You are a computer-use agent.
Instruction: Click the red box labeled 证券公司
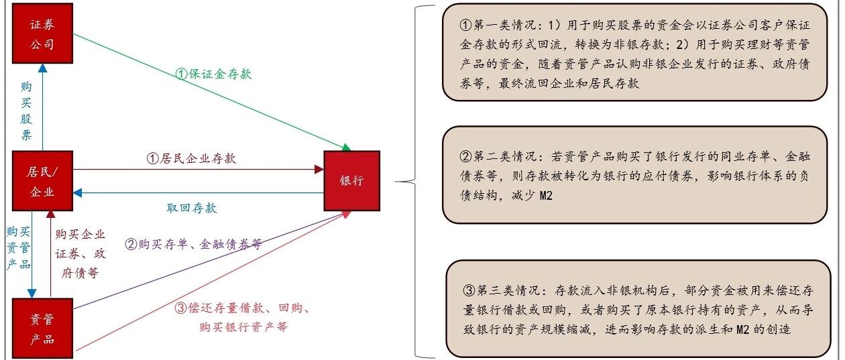point(43,33)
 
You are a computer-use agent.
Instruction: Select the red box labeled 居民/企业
point(43,181)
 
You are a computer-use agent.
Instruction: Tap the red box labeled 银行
point(352,181)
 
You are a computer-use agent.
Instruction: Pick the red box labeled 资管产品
point(43,328)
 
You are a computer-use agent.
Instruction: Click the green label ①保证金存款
point(213,74)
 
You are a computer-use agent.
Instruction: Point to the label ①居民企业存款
point(191,158)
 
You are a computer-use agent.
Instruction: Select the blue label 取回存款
point(192,208)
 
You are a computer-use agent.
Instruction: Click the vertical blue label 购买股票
point(26,111)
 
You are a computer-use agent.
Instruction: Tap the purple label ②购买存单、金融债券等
point(194,244)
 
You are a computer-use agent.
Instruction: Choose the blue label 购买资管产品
point(19,247)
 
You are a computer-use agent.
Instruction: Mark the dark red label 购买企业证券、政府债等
point(80,253)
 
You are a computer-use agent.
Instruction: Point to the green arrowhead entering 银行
point(346,147)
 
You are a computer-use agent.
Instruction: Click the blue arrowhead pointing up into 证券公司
point(43,68)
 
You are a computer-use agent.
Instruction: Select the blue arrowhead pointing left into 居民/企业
point(77,193)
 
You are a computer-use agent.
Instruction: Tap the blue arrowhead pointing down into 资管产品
point(32,294)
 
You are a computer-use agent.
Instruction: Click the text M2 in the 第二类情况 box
point(546,195)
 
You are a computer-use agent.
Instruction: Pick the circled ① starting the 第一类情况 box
point(466,25)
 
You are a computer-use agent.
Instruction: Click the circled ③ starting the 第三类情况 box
point(469,290)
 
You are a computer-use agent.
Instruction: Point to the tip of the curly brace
point(396,182)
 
